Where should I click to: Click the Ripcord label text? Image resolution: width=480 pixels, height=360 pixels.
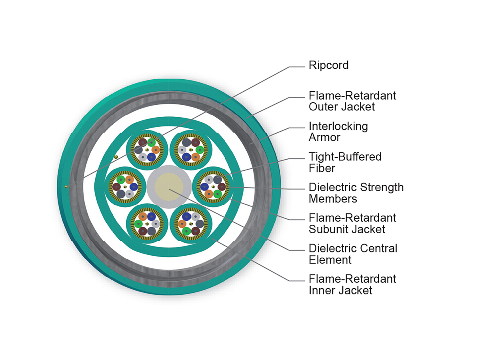click(328, 65)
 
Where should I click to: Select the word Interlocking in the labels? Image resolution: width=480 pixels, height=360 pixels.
click(338, 126)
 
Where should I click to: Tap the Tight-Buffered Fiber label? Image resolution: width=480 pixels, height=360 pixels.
click(345, 162)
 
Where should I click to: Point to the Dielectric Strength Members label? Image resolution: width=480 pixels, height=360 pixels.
click(356, 193)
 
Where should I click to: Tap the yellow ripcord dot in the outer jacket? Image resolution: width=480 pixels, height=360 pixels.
click(65, 186)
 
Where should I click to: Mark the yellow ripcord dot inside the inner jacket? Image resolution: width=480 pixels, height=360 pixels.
click(116, 156)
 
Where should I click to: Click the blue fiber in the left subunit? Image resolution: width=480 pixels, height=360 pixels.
click(134, 187)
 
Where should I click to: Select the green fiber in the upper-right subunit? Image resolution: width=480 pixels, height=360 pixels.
click(200, 150)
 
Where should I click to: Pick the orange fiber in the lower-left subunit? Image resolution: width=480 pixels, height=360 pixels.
click(143, 216)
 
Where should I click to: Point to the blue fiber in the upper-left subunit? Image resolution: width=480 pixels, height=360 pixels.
click(151, 157)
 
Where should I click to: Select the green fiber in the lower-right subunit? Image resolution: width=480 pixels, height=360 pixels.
click(186, 231)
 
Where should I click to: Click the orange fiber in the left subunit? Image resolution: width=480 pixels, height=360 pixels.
click(129, 180)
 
